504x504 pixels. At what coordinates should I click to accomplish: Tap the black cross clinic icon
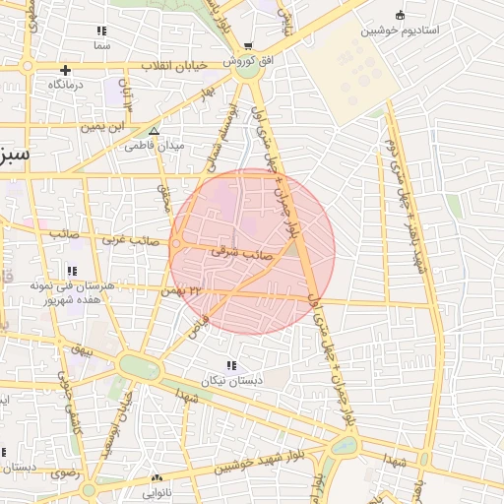[x=65, y=70]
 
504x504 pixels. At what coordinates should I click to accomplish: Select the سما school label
[x=102, y=45]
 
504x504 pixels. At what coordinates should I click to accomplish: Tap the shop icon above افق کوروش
[x=248, y=45]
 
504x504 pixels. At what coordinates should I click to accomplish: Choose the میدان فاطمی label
[x=155, y=146]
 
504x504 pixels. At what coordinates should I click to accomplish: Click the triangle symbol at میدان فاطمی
[x=153, y=131]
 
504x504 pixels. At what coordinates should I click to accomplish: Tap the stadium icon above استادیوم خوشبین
[x=400, y=15]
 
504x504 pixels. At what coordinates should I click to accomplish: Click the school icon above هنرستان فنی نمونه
[x=71, y=270]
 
